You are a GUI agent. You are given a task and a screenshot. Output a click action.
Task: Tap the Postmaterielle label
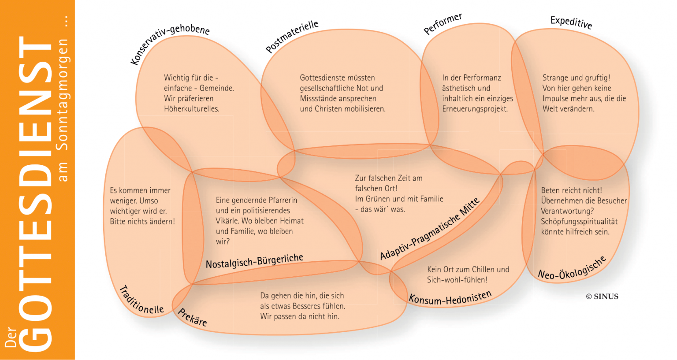[x=292, y=36]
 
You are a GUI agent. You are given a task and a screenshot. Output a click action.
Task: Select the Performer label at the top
[x=443, y=24]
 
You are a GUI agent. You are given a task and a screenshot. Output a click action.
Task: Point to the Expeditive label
[x=571, y=22]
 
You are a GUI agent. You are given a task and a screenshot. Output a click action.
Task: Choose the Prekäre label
[x=192, y=317]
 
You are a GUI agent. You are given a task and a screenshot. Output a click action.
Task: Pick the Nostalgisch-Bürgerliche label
[x=254, y=261]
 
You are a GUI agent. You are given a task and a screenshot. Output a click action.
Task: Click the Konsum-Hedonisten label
[x=450, y=298]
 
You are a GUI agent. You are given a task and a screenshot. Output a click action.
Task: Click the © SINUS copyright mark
[x=602, y=297]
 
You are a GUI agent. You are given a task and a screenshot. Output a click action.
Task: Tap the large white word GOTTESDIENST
[x=36, y=194]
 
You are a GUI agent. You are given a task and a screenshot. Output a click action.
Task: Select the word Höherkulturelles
[x=191, y=109]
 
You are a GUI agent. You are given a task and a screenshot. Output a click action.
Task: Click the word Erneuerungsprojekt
[x=475, y=109]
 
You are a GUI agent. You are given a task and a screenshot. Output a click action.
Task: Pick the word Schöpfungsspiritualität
[x=579, y=221]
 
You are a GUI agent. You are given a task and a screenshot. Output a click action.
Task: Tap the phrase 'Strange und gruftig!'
[x=576, y=78]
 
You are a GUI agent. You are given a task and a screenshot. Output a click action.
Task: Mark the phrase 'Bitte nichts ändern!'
[x=142, y=221]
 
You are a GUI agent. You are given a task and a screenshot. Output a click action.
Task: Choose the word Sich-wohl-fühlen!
[x=457, y=280]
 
